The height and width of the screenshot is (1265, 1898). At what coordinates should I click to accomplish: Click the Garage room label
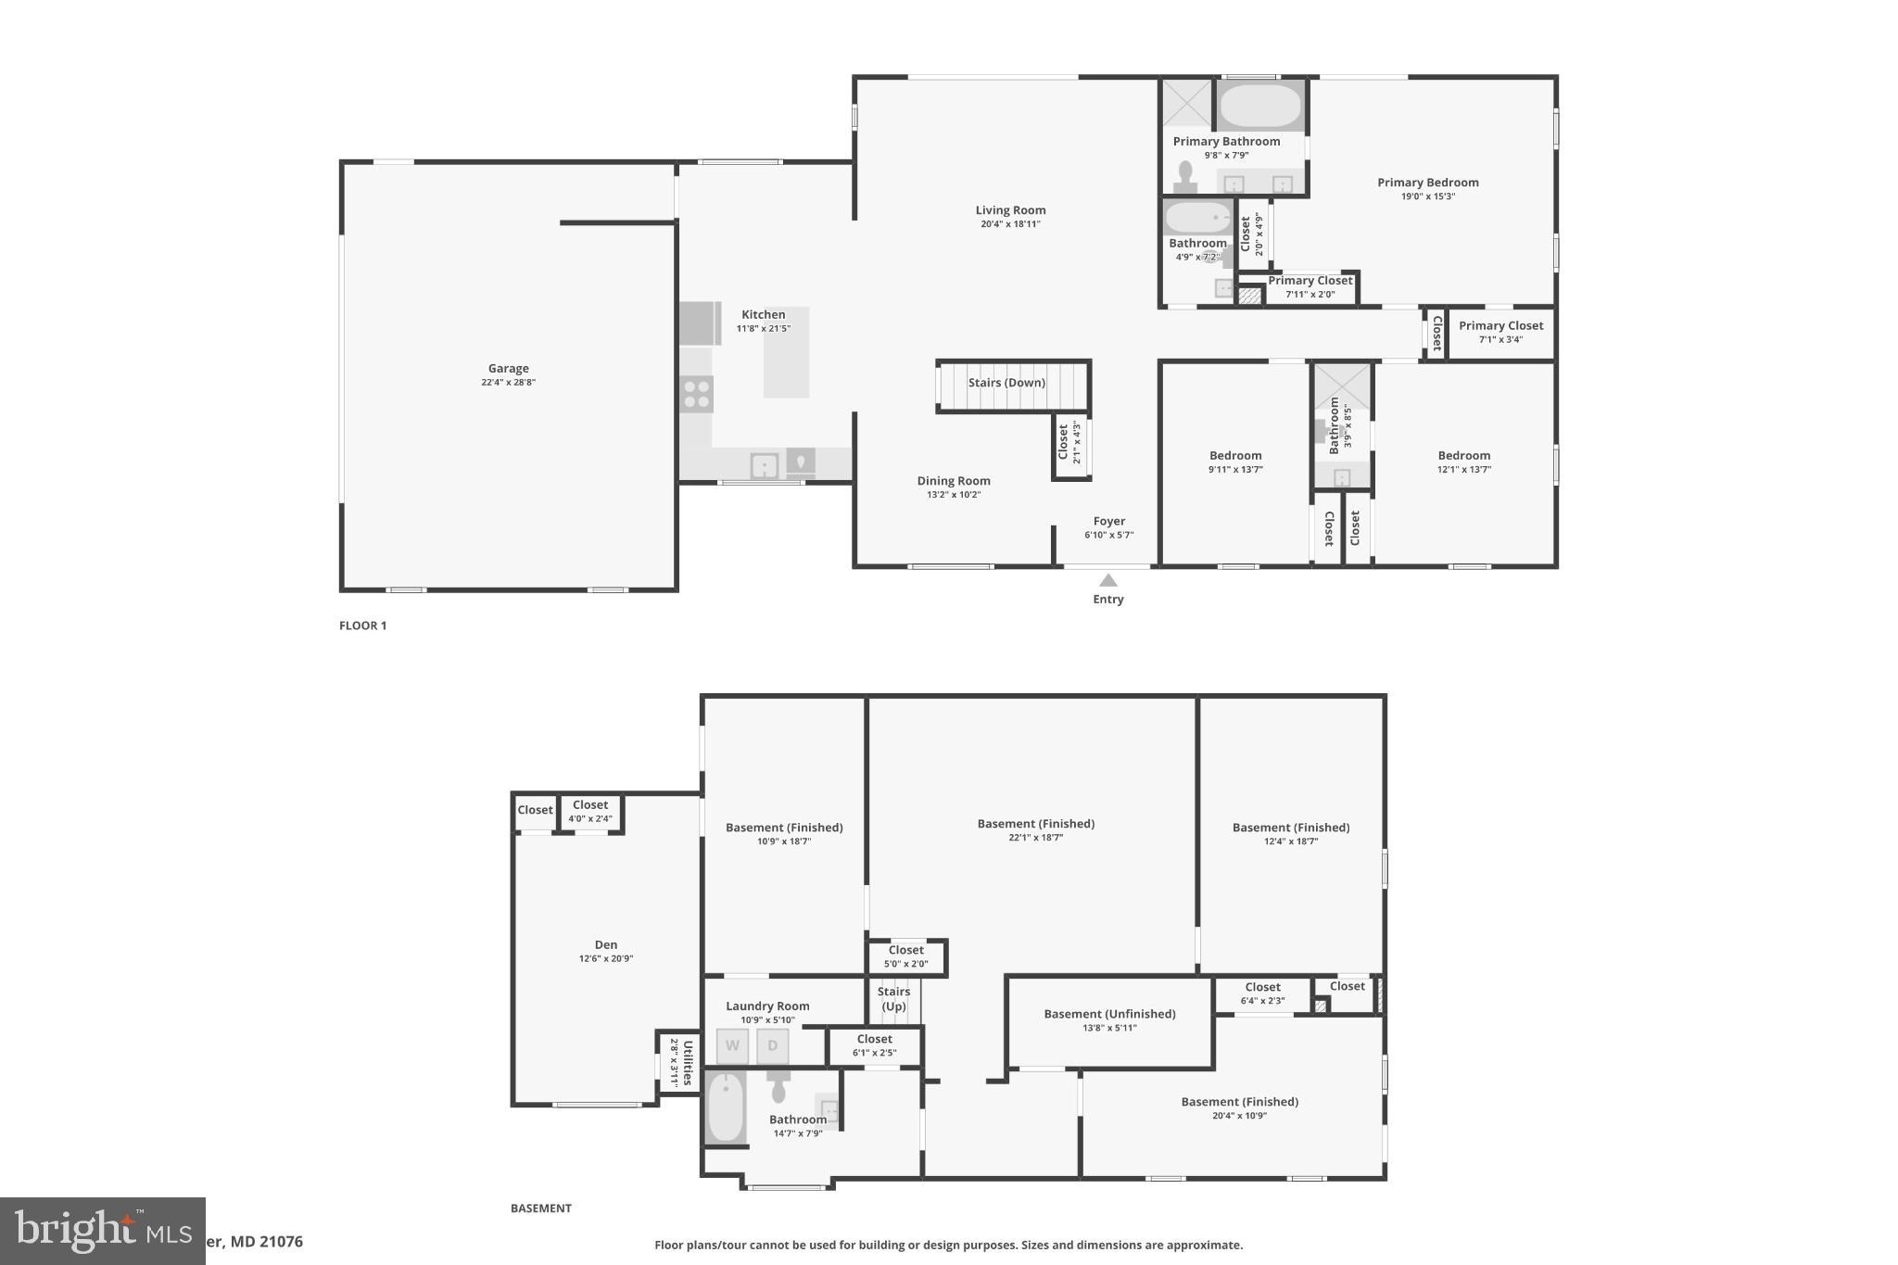tap(508, 369)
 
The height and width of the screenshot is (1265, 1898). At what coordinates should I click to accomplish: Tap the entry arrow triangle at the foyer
tap(1107, 581)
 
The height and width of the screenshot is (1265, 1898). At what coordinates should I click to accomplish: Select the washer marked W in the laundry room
tap(732, 1046)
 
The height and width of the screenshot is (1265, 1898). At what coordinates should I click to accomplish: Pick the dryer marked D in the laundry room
tap(773, 1046)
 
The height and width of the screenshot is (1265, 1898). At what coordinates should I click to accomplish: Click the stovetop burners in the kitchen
tap(696, 395)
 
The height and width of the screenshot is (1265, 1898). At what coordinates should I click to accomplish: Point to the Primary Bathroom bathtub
tap(1259, 107)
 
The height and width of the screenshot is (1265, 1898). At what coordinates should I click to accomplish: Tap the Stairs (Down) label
tap(1006, 383)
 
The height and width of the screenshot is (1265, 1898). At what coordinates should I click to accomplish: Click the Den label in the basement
tap(606, 945)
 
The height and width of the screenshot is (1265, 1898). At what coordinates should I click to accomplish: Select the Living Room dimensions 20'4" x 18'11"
tap(1010, 224)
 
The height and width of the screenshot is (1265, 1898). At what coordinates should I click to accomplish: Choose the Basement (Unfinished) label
tap(1109, 1014)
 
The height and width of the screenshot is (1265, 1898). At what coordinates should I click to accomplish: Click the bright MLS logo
tap(102, 1231)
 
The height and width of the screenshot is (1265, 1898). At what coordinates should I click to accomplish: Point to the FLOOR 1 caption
tap(362, 626)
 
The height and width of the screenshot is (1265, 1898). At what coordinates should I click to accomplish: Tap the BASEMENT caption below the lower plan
tap(540, 1208)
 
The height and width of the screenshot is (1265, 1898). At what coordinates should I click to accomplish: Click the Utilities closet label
tap(688, 1063)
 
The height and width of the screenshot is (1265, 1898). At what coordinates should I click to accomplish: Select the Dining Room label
tap(954, 481)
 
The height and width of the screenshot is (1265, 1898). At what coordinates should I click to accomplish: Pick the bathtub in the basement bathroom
tap(726, 1107)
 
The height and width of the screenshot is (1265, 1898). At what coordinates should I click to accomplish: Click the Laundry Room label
tap(767, 1006)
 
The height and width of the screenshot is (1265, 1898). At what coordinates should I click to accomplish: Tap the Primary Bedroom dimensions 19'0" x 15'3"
tap(1427, 196)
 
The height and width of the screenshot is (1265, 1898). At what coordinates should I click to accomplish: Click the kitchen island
tap(786, 352)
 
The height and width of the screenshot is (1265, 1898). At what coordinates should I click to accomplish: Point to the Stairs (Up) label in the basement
tap(893, 999)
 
